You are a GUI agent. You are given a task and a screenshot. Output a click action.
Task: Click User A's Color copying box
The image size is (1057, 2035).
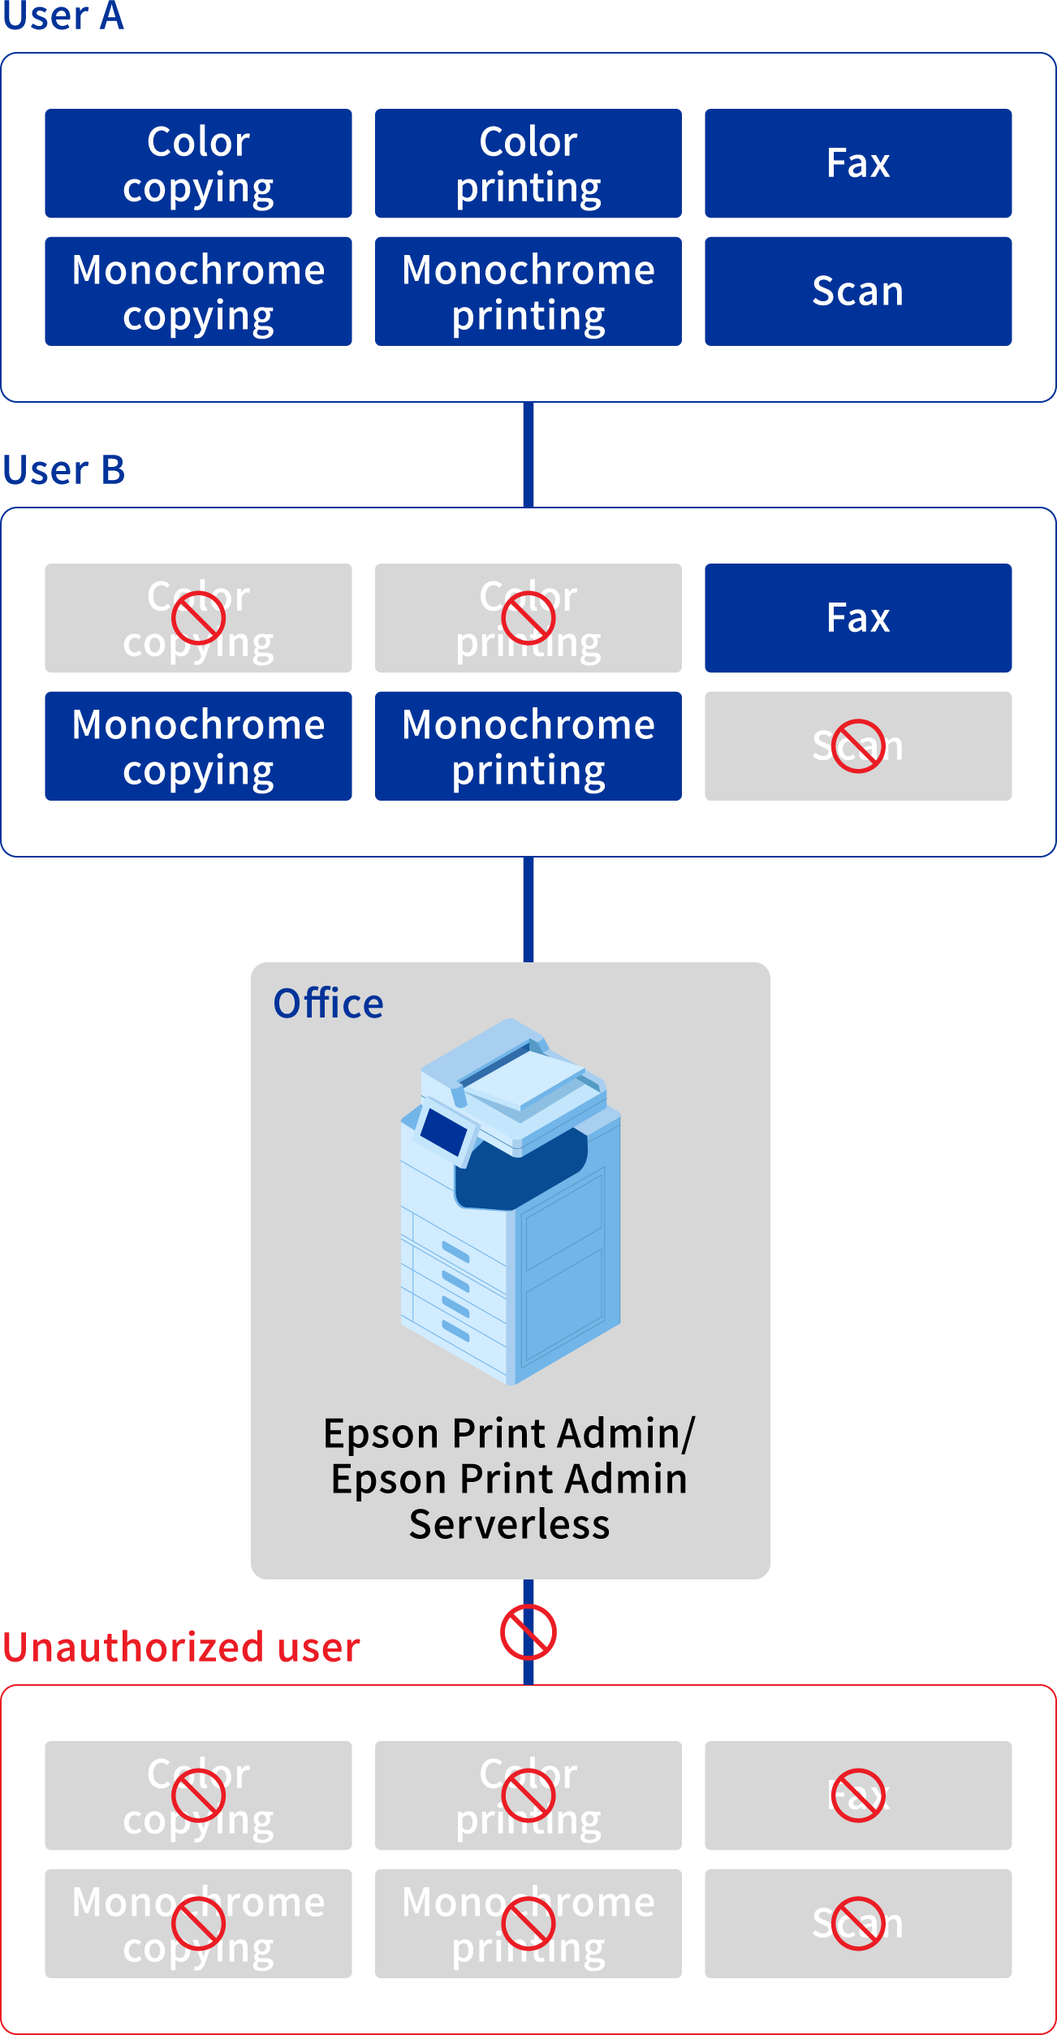click(198, 163)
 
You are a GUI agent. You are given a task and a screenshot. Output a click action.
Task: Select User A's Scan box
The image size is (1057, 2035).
click(857, 291)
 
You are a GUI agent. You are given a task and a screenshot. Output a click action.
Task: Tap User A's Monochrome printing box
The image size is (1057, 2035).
click(528, 291)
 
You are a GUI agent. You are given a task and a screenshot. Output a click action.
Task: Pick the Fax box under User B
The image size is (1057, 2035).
click(857, 618)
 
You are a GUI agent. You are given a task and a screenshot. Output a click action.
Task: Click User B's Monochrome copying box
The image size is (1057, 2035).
click(198, 745)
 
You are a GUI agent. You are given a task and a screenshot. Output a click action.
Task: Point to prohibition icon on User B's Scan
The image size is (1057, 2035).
click(857, 745)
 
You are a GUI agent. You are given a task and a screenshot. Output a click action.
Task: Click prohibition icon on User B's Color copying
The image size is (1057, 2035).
click(198, 618)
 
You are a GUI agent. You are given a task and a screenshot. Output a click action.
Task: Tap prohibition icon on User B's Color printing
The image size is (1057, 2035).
click(528, 618)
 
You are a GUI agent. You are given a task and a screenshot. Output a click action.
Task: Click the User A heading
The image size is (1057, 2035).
click(63, 16)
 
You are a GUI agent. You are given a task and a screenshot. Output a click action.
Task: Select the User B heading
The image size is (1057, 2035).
click(63, 470)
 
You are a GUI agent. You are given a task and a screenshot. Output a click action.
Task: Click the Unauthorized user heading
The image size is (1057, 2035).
click(180, 1648)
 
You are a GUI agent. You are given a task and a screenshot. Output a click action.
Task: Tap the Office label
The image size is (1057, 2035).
click(328, 1004)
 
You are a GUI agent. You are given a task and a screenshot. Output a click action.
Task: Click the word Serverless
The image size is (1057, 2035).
click(509, 1524)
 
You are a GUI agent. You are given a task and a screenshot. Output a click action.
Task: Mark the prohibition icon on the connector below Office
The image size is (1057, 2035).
click(528, 1631)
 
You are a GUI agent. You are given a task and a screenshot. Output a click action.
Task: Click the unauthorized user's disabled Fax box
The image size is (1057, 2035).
click(857, 1795)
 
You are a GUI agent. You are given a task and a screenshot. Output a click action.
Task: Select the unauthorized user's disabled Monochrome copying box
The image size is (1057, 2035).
click(198, 1923)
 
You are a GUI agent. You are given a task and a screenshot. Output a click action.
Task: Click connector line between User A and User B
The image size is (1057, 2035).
click(528, 455)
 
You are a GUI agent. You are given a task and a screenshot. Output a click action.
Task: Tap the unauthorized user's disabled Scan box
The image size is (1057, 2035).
click(857, 1923)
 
